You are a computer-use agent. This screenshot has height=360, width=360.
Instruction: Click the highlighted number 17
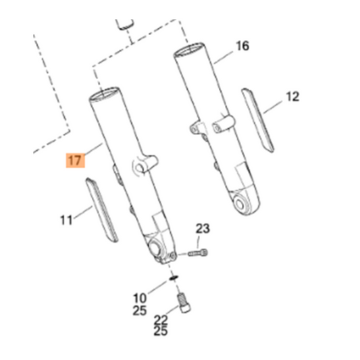75,162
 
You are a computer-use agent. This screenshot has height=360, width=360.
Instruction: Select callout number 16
242,46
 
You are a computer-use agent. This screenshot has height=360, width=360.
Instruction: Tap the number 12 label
292,97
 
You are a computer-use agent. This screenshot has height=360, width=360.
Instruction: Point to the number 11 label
66,220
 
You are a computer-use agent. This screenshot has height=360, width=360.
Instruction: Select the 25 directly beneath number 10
140,311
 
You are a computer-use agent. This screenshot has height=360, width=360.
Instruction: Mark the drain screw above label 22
184,302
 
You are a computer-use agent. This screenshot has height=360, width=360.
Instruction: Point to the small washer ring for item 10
174,277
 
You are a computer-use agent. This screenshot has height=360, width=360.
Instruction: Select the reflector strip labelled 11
102,209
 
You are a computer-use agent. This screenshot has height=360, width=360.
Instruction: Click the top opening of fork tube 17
107,95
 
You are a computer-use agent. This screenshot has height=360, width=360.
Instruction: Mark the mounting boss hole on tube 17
141,165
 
